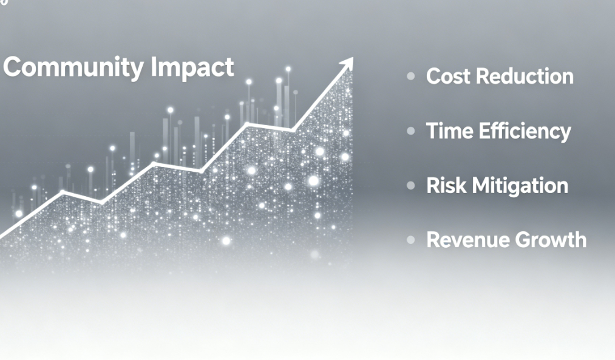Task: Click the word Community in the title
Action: point(73,68)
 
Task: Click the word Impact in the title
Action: point(192,68)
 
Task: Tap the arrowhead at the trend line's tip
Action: point(346,64)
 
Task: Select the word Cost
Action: point(448,76)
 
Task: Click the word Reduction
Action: point(525,76)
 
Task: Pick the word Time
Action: point(449,131)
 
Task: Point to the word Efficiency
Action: point(525,132)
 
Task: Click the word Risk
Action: point(446,185)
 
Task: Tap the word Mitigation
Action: point(520,186)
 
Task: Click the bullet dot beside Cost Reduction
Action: point(410,76)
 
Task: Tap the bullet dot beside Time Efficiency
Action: point(410,131)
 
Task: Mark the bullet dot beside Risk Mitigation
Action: point(410,185)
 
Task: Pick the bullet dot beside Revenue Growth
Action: point(410,240)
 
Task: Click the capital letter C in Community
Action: point(13,67)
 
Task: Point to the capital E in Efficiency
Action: point(485,131)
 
